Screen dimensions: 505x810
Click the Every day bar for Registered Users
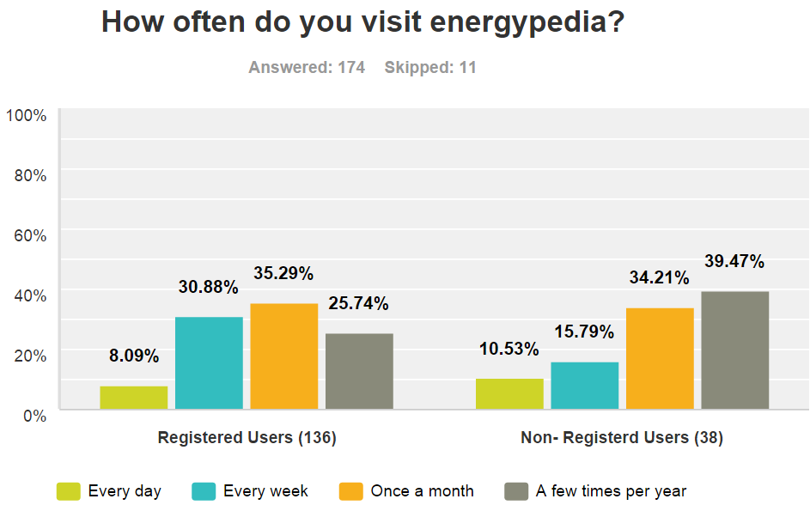tap(134, 398)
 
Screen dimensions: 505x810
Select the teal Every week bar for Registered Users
tap(209, 363)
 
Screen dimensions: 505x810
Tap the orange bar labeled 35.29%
tap(283, 356)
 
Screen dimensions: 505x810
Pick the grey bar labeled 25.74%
tap(359, 371)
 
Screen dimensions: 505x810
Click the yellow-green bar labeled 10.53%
tap(509, 394)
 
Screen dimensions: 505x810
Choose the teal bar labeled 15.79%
tap(584, 386)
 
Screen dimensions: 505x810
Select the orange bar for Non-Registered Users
tap(660, 358)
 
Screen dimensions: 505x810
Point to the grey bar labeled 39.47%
tap(734, 350)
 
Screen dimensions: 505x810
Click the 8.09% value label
tap(134, 356)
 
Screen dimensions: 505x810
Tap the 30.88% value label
tap(209, 287)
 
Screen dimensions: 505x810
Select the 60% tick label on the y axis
tap(30, 234)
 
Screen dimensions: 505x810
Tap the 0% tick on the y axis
tap(33, 415)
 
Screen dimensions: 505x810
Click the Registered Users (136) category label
tap(247, 438)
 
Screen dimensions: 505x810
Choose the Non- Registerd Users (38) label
tap(622, 438)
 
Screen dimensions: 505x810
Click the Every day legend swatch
tap(69, 491)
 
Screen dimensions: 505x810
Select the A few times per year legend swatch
tap(515, 491)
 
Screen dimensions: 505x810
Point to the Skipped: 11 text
tap(430, 67)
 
